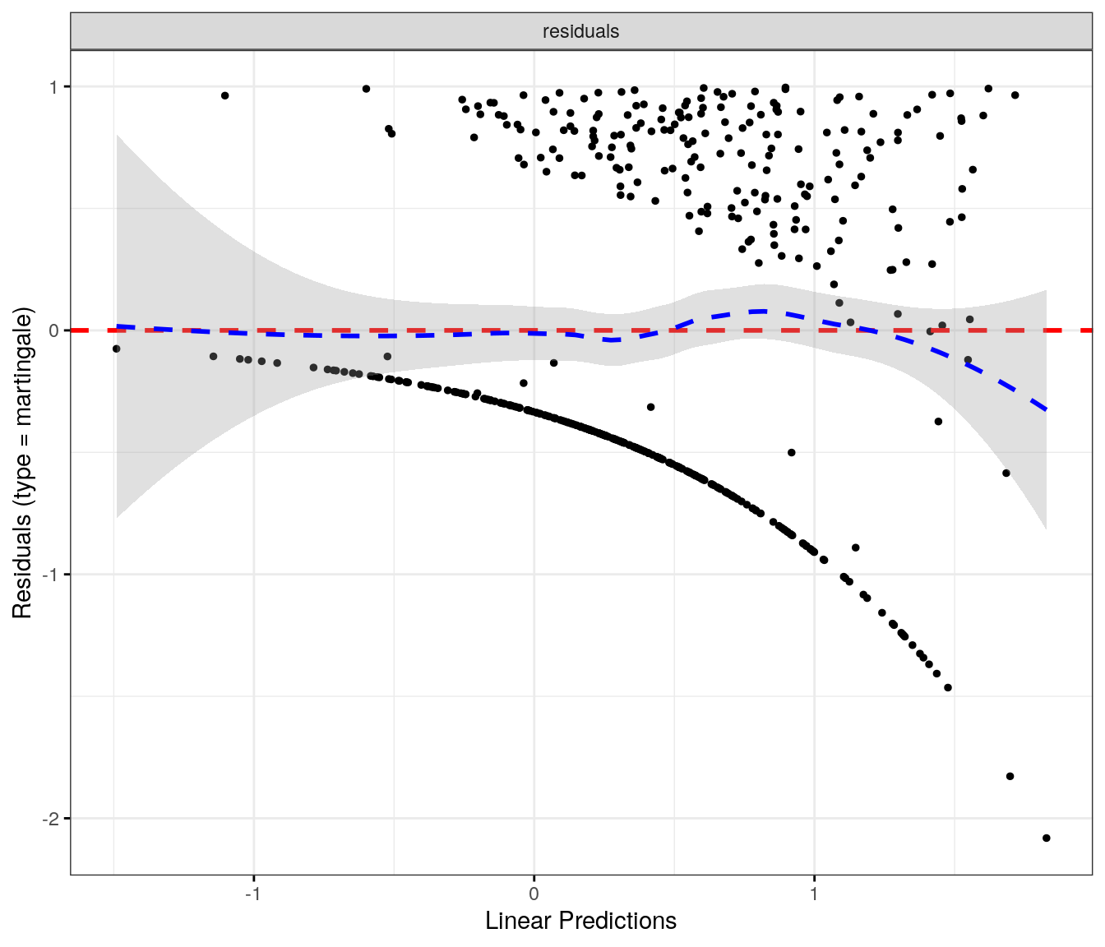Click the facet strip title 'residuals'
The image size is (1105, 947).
pyautogui.click(x=580, y=31)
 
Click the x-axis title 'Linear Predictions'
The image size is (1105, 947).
pyautogui.click(x=580, y=921)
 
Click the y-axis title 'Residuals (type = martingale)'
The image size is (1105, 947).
pyautogui.click(x=22, y=463)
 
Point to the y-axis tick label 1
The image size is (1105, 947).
pyautogui.click(x=55, y=87)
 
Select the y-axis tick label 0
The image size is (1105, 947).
pyautogui.click(x=55, y=330)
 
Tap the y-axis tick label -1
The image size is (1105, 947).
pyautogui.click(x=52, y=575)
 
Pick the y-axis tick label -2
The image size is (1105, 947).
pyautogui.click(x=52, y=819)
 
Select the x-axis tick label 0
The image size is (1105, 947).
pyautogui.click(x=534, y=894)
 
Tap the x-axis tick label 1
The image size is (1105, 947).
pyautogui.click(x=814, y=894)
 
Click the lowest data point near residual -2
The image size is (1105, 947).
pyautogui.click(x=1046, y=838)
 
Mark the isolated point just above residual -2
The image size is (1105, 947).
pyautogui.click(x=1010, y=776)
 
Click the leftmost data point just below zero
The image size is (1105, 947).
pyautogui.click(x=117, y=349)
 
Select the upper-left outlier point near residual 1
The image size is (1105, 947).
pyautogui.click(x=224, y=95)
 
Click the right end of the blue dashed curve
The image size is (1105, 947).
pyautogui.click(x=1046, y=409)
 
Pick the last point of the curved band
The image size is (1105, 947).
pyautogui.click(x=947, y=687)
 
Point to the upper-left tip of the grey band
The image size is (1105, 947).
pyautogui.click(x=117, y=135)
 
